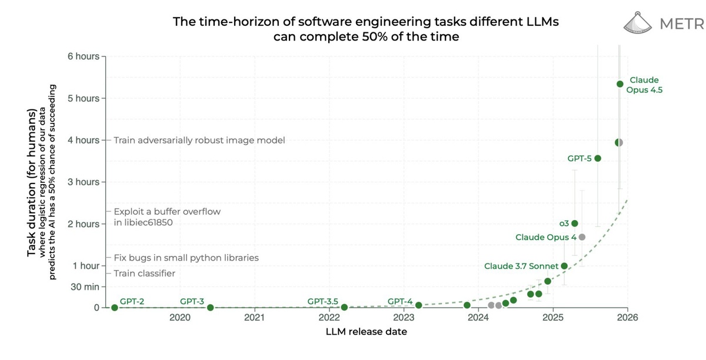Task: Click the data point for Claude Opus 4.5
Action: (x=620, y=84)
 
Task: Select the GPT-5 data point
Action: (x=598, y=158)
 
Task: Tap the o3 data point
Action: (x=575, y=224)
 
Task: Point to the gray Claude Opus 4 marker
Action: (x=582, y=237)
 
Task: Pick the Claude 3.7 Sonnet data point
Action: (x=564, y=266)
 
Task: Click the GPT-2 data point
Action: (x=114, y=308)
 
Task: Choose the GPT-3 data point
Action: (x=211, y=308)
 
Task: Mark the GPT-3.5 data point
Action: (x=344, y=307)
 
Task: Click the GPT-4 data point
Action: (x=418, y=305)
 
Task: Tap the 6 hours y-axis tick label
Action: (x=83, y=56)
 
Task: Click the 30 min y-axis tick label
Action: (x=85, y=287)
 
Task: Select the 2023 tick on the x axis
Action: (x=404, y=318)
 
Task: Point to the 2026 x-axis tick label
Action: (x=627, y=318)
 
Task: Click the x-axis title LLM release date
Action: (x=366, y=332)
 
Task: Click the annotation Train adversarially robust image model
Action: (x=199, y=141)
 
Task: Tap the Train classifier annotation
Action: (x=144, y=274)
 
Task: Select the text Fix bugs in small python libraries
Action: (x=186, y=258)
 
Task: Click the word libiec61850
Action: (x=147, y=224)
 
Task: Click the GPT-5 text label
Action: (x=579, y=159)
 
